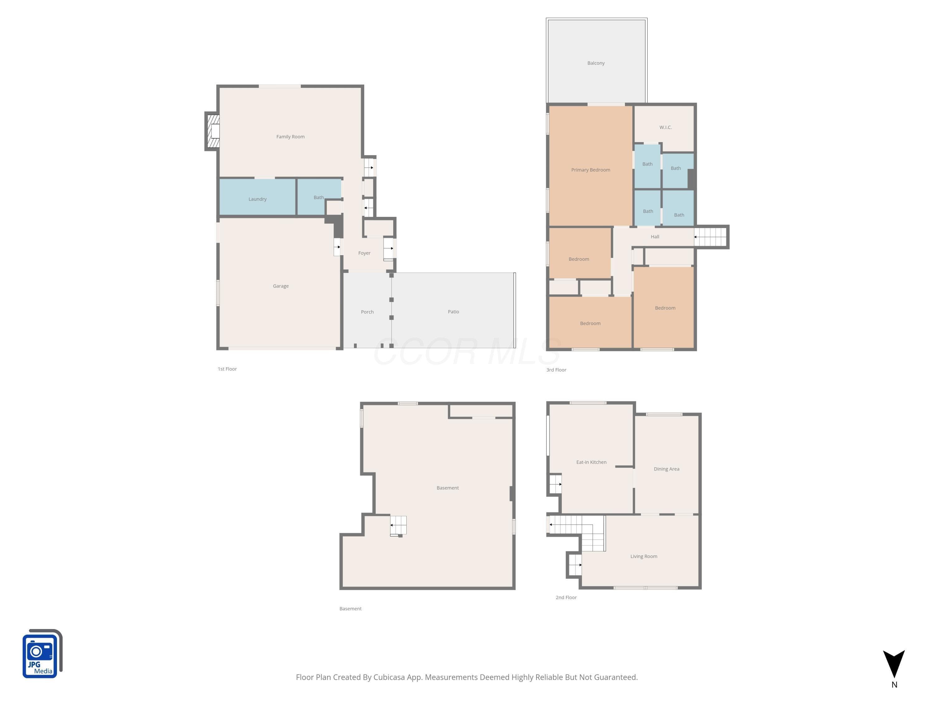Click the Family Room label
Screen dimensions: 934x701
pyautogui.click(x=290, y=136)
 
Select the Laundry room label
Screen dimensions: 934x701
pyautogui.click(x=257, y=199)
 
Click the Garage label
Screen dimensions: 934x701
pyautogui.click(x=281, y=286)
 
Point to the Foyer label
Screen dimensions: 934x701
pyautogui.click(x=364, y=253)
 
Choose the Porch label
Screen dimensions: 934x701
pyautogui.click(x=367, y=312)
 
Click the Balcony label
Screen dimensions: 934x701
pyautogui.click(x=596, y=63)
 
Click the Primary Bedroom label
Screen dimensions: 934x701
pyautogui.click(x=590, y=170)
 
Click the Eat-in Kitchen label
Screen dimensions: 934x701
pyautogui.click(x=591, y=462)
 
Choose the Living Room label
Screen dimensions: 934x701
pyautogui.click(x=644, y=556)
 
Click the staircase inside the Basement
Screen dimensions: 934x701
pyautogui.click(x=398, y=526)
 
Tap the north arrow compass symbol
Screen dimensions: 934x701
pyautogui.click(x=894, y=664)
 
